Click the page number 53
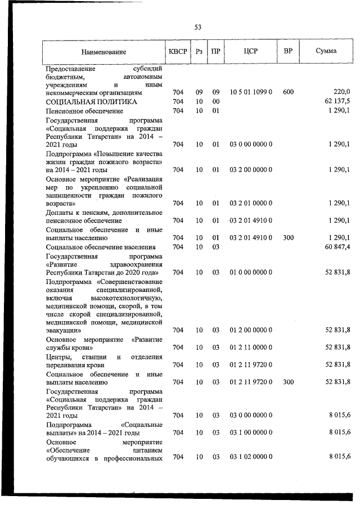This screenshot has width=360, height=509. [197, 27]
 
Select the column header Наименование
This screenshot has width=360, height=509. [103, 52]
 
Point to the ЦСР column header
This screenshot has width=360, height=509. [251, 51]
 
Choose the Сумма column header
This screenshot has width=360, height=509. [326, 51]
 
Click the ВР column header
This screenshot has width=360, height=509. [288, 51]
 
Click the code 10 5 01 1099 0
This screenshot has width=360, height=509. [251, 92]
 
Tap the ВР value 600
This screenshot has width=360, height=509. [288, 92]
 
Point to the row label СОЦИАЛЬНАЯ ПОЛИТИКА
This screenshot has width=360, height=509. [91, 102]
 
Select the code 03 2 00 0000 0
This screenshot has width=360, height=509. [251, 169]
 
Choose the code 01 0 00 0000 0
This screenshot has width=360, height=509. [251, 272]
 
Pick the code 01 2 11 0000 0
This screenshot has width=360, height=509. [251, 347]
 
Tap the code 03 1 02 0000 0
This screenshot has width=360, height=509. [251, 457]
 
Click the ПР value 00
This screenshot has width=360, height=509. [215, 101]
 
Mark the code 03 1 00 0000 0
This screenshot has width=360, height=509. [251, 432]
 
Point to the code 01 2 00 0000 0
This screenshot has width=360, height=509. [251, 330]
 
